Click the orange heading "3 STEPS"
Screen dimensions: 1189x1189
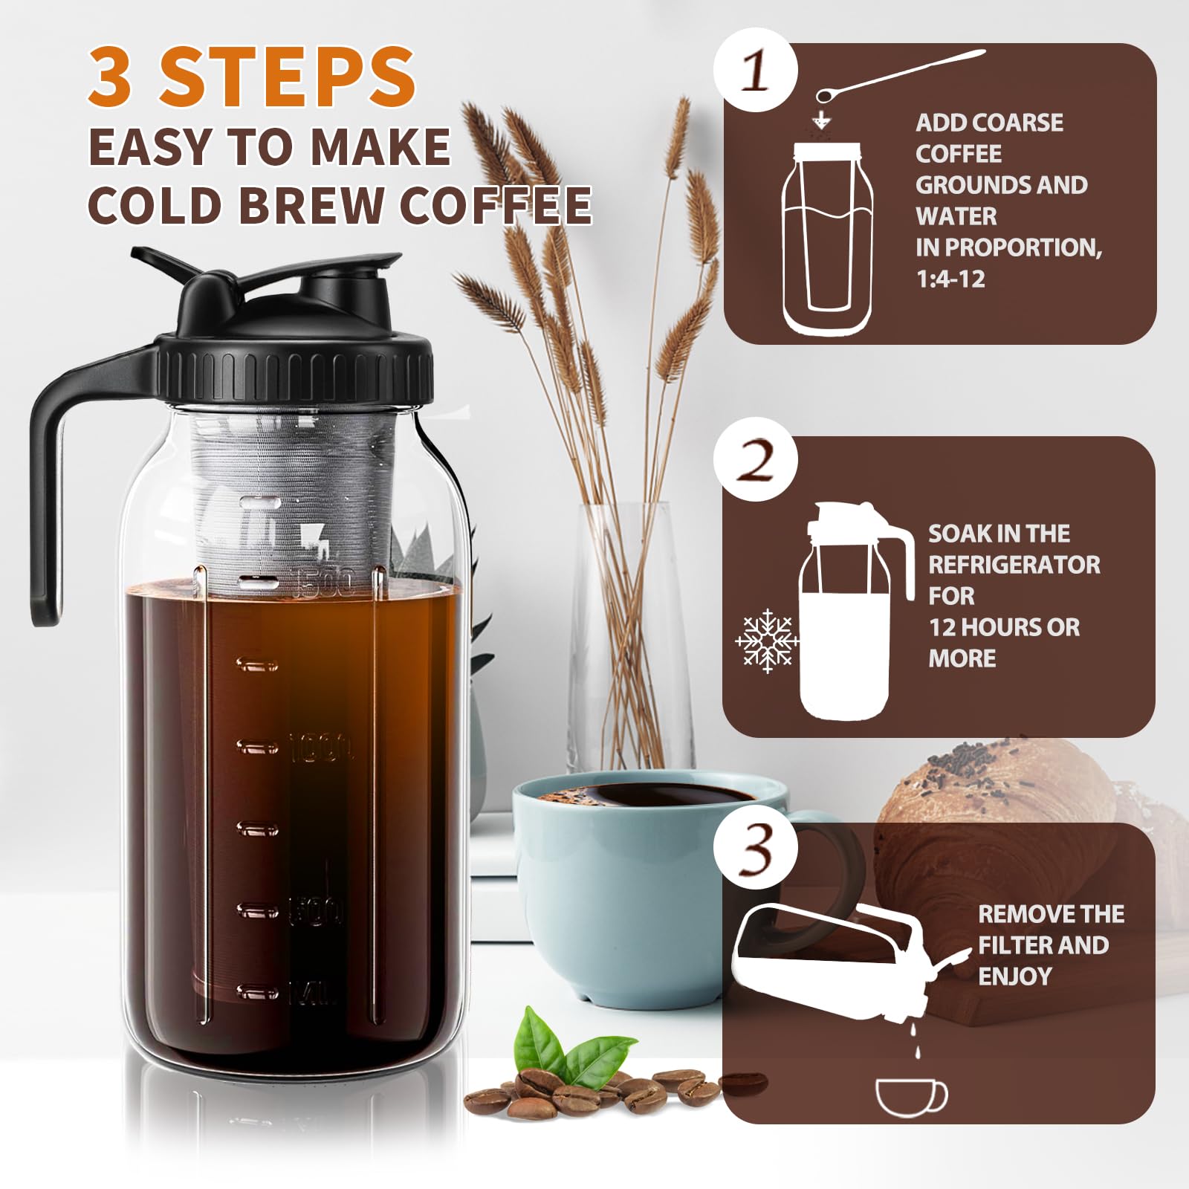[251, 76]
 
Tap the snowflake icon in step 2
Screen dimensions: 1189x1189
[766, 641]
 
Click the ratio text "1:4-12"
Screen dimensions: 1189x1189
[950, 279]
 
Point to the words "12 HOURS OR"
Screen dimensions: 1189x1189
[1004, 627]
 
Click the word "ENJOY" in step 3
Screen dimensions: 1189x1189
[1015, 976]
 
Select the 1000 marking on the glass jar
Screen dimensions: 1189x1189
[322, 747]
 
